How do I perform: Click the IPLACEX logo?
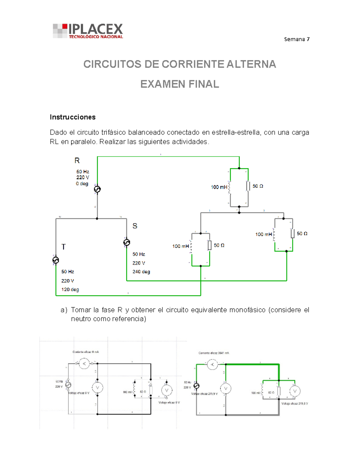pyautogui.click(x=88, y=31)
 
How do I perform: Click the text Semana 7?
pyautogui.click(x=297, y=39)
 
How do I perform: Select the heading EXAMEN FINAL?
pyautogui.click(x=180, y=84)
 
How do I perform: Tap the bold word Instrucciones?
pyautogui.click(x=73, y=117)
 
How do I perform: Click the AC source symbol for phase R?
pyautogui.click(x=97, y=189)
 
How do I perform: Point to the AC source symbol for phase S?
pyautogui.click(x=127, y=242)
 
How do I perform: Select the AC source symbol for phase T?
pyautogui.click(x=56, y=260)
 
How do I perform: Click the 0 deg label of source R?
pyautogui.click(x=82, y=184)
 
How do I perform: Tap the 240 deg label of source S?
pyautogui.click(x=141, y=272)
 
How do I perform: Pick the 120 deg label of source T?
pyautogui.click(x=70, y=290)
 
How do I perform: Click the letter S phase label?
pyautogui.click(x=135, y=226)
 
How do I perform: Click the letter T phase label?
pyautogui.click(x=63, y=247)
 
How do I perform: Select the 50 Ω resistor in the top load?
pyautogui.click(x=248, y=186)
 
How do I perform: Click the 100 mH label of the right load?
pyautogui.click(x=263, y=234)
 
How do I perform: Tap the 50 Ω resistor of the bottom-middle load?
pyautogui.click(x=210, y=245)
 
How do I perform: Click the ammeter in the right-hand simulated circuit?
pyautogui.click(x=212, y=365)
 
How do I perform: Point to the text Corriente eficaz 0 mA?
pyautogui.click(x=85, y=352)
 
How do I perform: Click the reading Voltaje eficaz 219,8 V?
pyautogui.click(x=295, y=404)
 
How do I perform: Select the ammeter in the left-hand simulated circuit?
pyautogui.click(x=84, y=364)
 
